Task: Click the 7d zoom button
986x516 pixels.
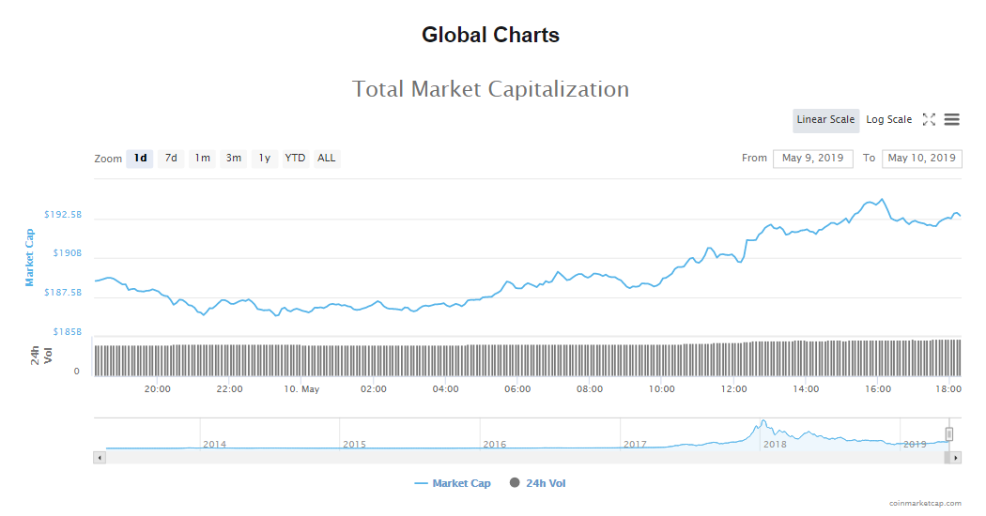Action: pyautogui.click(x=171, y=159)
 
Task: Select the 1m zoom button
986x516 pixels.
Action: pyautogui.click(x=202, y=159)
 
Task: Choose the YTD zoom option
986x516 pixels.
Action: pyautogui.click(x=295, y=159)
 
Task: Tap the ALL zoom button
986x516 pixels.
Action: pyautogui.click(x=326, y=159)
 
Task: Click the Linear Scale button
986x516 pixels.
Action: pyautogui.click(x=825, y=120)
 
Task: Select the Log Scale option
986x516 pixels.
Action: pyautogui.click(x=888, y=120)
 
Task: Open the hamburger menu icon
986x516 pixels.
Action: pyautogui.click(x=951, y=120)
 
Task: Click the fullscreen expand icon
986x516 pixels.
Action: pyautogui.click(x=929, y=120)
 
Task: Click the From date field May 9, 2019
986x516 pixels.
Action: pyautogui.click(x=812, y=159)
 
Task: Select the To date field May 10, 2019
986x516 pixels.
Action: pyautogui.click(x=921, y=159)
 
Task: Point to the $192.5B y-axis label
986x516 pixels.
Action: pyautogui.click(x=63, y=215)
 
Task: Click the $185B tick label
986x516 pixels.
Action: pyautogui.click(x=66, y=332)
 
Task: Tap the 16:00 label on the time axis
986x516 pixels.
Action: pyautogui.click(x=878, y=389)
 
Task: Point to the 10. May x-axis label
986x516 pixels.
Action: pyautogui.click(x=301, y=389)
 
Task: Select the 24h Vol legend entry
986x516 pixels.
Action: pyautogui.click(x=538, y=484)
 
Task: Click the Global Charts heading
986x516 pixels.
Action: pyautogui.click(x=490, y=36)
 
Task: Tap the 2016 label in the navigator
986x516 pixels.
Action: pyautogui.click(x=494, y=445)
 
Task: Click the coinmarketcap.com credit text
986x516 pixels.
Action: pyautogui.click(x=925, y=504)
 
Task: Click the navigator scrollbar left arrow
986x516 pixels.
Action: pyautogui.click(x=99, y=458)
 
